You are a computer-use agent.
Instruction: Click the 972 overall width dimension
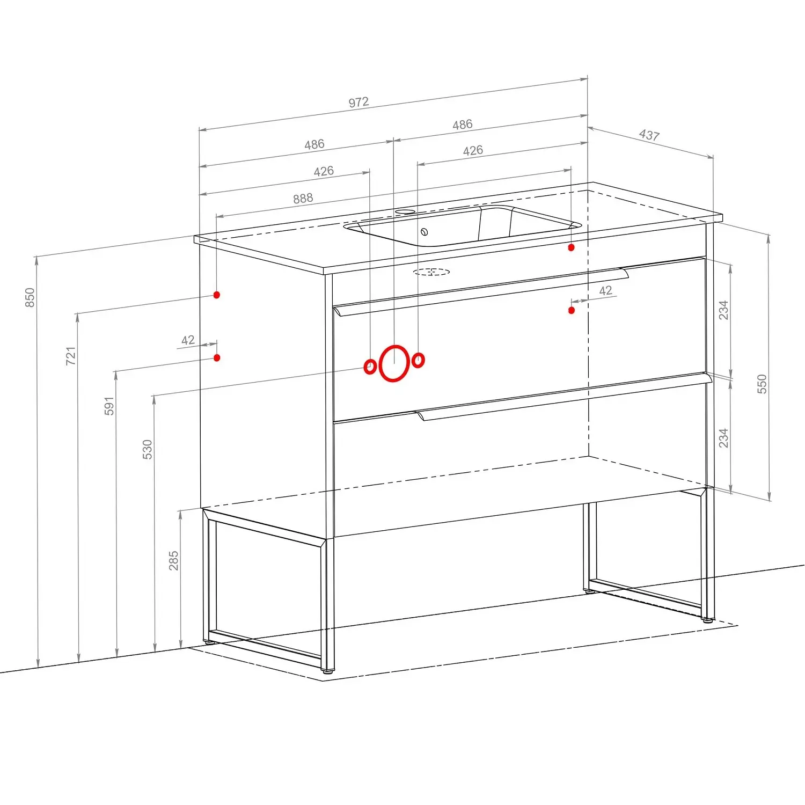pos(358,102)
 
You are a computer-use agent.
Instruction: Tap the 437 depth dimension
pos(649,135)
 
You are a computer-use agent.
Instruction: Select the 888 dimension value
pos(303,199)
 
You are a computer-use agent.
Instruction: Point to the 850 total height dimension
pos(30,298)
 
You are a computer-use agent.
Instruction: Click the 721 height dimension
pos(71,356)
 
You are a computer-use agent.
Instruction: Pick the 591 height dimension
pos(109,406)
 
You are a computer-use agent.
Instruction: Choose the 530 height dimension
pos(148,450)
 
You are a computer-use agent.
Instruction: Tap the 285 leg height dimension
pos(173,560)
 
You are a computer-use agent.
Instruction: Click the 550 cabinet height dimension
pos(762,384)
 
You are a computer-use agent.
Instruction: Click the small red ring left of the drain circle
pos(370,367)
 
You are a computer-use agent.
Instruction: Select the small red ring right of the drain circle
pos(419,360)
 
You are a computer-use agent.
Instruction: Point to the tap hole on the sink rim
pos(405,212)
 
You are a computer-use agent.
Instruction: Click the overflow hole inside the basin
pos(424,232)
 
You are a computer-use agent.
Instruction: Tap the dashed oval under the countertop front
pos(431,272)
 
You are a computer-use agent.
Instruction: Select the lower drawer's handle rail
pos(563,398)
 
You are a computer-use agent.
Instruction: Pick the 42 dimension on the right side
pos(605,290)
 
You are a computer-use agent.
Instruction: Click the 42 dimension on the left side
pos(188,340)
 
